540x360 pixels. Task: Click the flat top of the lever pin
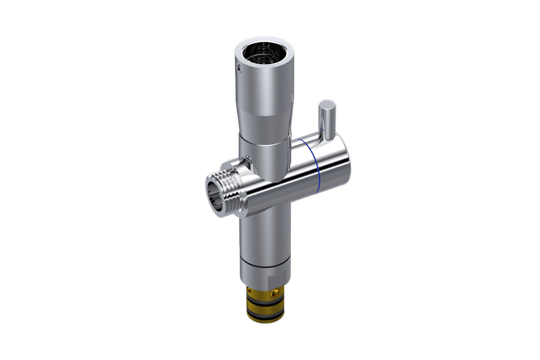tap(326, 105)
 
